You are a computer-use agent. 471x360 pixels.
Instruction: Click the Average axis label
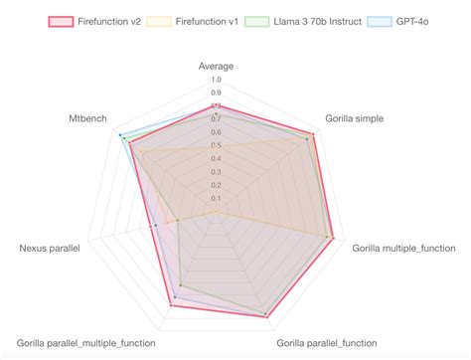pos(217,66)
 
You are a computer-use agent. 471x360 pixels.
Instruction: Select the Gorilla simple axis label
pos(354,118)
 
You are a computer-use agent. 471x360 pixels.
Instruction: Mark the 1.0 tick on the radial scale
pos(217,80)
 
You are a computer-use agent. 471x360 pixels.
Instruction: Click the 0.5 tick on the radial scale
pos(217,145)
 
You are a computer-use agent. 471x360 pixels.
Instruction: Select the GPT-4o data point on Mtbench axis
pos(120,135)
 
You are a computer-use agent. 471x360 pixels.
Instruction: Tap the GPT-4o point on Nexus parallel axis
pos(156,226)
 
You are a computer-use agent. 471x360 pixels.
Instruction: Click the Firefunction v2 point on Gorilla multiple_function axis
pos(333,238)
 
